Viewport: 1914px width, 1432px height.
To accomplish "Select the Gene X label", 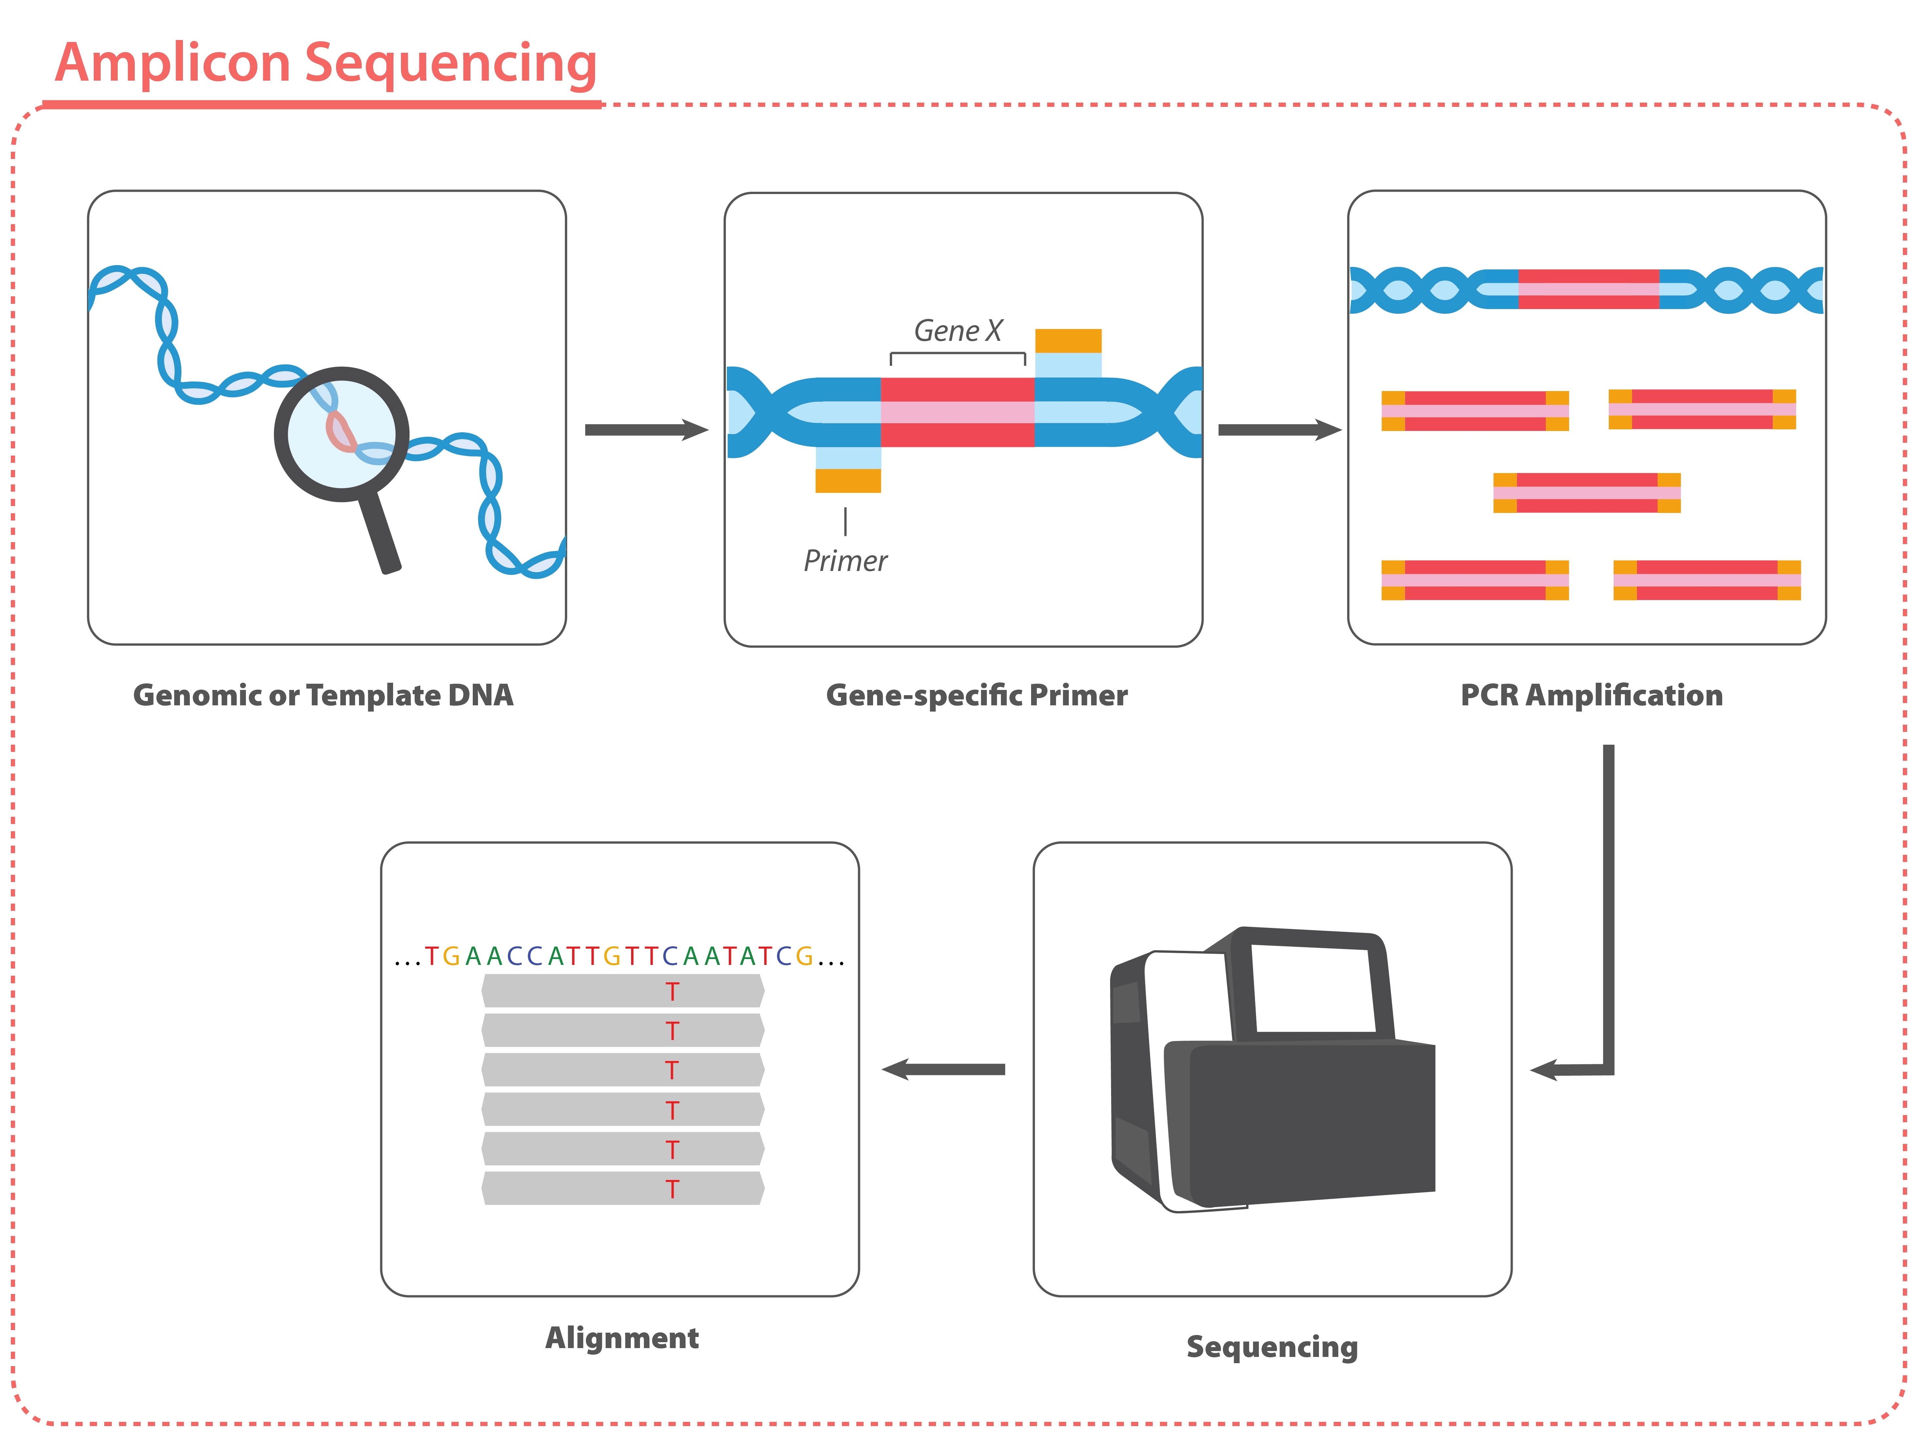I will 958,330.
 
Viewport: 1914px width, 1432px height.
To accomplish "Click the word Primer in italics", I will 846,561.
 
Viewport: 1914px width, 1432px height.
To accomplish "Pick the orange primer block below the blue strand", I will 848,480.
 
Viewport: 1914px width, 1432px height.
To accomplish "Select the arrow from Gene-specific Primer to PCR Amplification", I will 1279,430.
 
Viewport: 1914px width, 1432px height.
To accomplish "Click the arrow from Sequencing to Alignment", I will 943,1069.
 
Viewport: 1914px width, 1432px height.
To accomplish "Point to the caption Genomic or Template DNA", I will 323,696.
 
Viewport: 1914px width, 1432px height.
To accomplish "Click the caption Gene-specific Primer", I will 977,696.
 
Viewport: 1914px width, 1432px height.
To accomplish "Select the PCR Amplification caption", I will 1591,696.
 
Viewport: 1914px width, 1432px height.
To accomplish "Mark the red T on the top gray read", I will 672,991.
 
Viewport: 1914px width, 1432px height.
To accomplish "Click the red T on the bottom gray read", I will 672,1189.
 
